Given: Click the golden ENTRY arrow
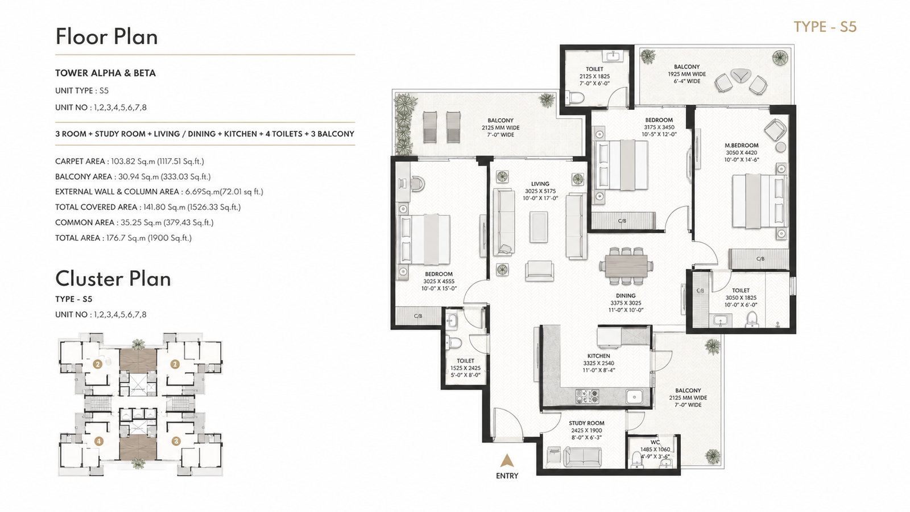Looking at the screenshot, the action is coord(507,461).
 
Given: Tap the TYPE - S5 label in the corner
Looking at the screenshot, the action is coord(825,27).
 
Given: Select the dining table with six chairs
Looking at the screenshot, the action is coord(626,266).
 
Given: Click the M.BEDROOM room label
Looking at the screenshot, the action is coord(742,145).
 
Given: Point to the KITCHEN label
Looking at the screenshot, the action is coord(598,356).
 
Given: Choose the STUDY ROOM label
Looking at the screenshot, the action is coord(586,423).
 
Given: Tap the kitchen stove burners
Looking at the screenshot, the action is coord(587,396).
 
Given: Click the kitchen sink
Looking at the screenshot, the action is coord(634,396).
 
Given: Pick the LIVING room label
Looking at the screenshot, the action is coord(540,184).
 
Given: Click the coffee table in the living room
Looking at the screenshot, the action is coord(538,227).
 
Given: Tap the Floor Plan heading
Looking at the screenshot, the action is coord(106,36).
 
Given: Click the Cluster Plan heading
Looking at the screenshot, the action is coord(113,279).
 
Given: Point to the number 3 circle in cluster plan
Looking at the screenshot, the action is coord(176,441).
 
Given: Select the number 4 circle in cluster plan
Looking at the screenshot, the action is coord(98,441).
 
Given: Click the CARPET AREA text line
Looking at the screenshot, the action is coord(130,162).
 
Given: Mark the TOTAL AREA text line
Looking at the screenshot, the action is coord(123,238).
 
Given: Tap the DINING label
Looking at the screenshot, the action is coord(626,296).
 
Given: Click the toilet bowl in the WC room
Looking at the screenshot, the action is coord(636,459).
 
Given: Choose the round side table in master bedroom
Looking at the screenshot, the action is coord(781,147).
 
